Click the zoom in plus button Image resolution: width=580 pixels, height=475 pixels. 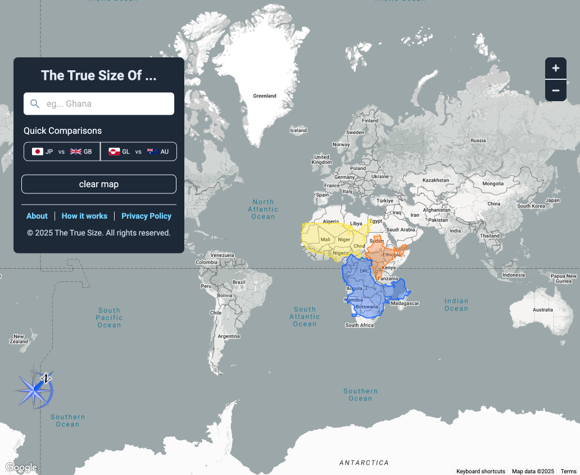point(555,69)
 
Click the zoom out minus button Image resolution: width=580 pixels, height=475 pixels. point(555,91)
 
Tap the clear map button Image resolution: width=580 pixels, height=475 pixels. point(99,184)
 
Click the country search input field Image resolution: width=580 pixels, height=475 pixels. point(99,104)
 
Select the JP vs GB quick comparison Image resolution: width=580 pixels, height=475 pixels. point(62,152)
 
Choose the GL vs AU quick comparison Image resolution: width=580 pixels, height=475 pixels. point(138,152)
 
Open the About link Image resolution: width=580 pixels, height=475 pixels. point(37,216)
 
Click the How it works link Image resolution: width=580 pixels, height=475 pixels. point(84,216)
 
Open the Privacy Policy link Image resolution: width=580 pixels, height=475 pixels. point(146,216)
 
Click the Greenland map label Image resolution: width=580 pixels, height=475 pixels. point(265,96)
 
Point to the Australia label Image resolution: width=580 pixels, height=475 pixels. point(542,310)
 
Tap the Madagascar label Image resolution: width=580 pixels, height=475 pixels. point(405,304)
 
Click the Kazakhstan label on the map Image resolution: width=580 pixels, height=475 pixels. point(436,180)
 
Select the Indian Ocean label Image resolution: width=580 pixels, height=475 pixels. point(456,305)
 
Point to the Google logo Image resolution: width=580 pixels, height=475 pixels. point(21,467)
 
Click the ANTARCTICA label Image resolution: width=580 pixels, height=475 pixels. point(364,463)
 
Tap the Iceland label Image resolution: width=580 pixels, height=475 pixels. point(298,130)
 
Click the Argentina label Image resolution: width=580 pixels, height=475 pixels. point(229,336)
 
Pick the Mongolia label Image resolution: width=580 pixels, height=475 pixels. point(493,184)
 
